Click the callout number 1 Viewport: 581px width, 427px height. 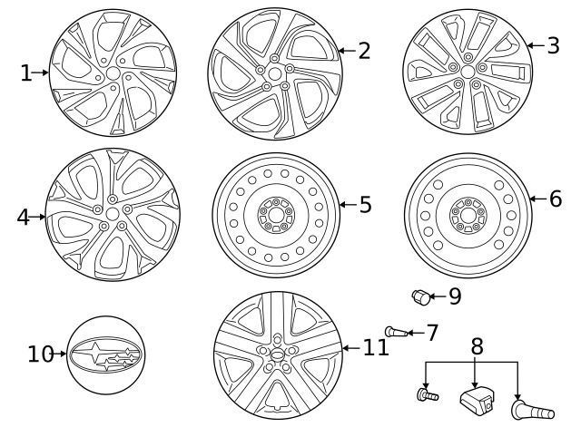[x=25, y=73]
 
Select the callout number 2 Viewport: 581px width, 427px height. [x=363, y=51]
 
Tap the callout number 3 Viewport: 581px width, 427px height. [x=553, y=45]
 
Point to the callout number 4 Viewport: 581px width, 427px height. [x=24, y=217]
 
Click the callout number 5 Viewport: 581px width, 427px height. [x=364, y=205]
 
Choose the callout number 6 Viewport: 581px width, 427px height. [x=556, y=199]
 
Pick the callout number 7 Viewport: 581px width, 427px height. [x=432, y=333]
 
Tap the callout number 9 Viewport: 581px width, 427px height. [x=455, y=296]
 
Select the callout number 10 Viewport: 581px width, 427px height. [x=41, y=354]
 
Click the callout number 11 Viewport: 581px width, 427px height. [x=375, y=346]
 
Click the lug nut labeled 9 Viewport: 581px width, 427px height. [x=421, y=296]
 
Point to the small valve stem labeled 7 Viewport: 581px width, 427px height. [x=393, y=331]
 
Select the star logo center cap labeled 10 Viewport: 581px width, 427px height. [x=107, y=354]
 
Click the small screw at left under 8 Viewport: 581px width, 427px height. [x=427, y=394]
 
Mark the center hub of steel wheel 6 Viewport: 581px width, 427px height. [x=468, y=214]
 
